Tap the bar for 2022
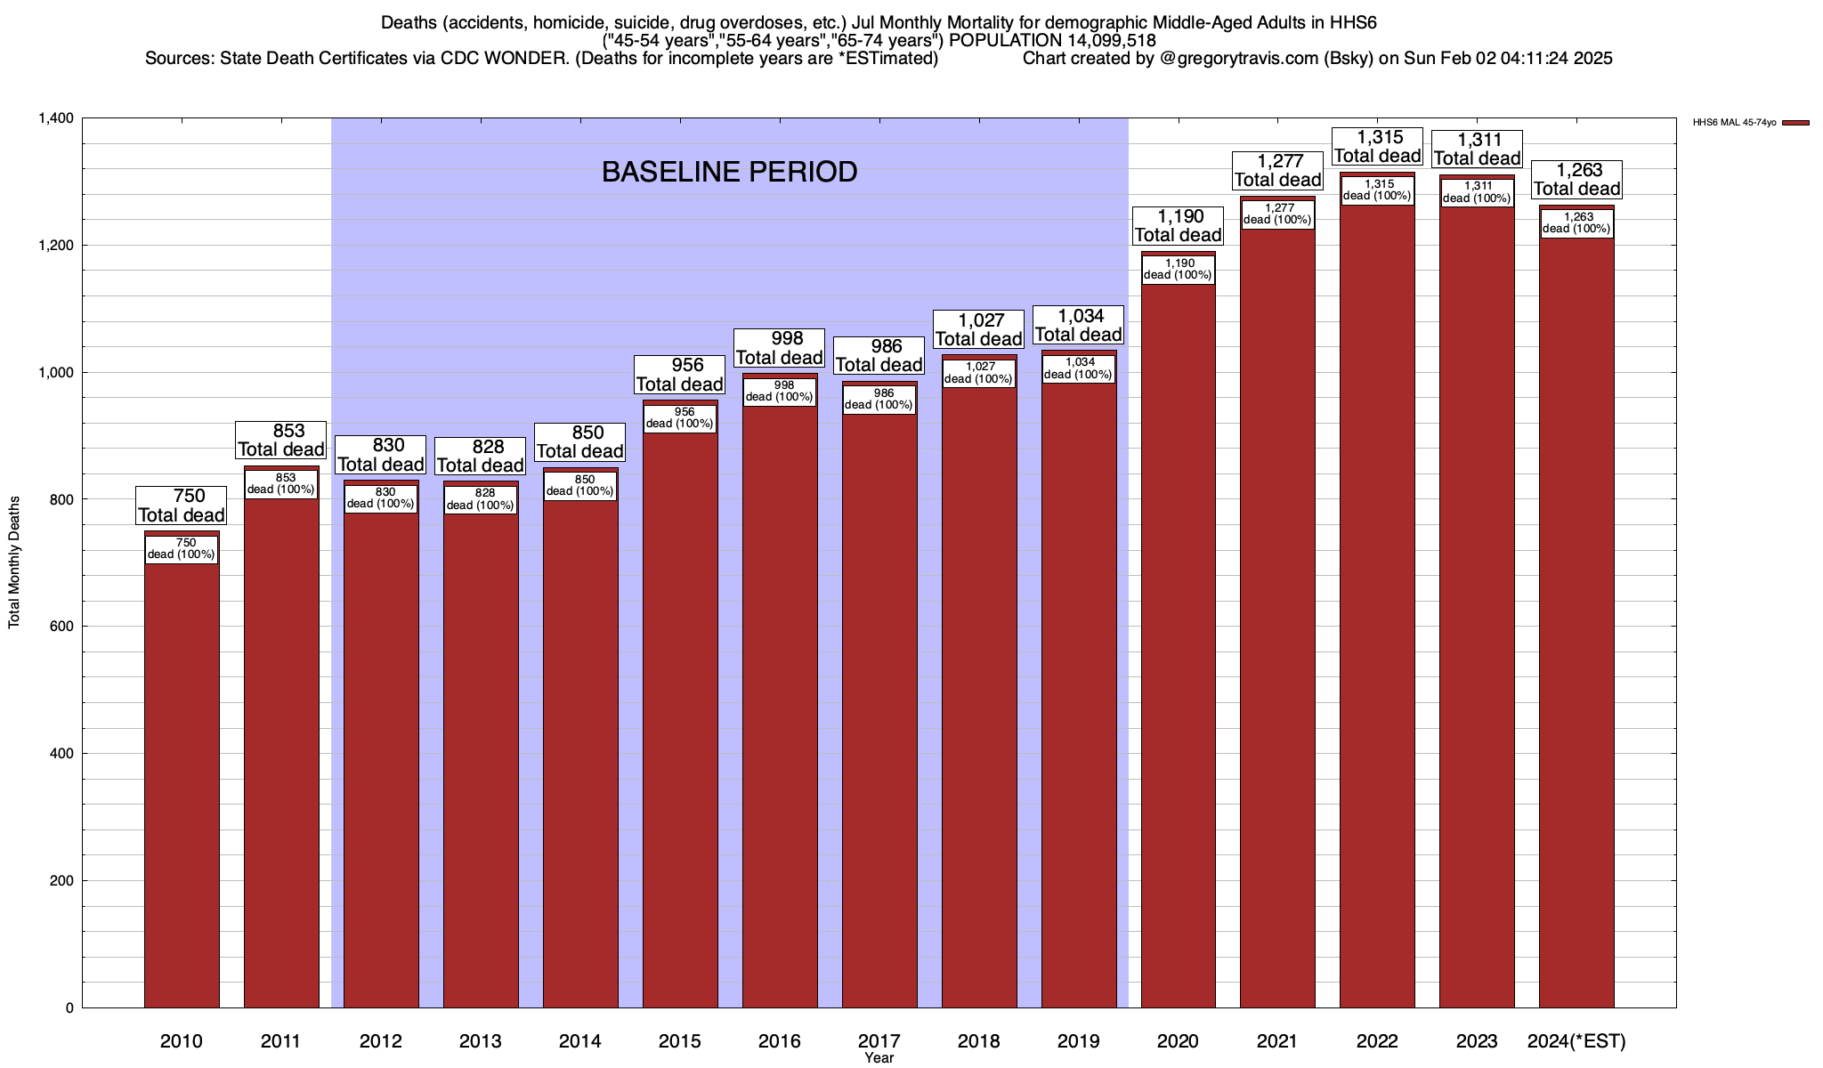pos(1377,623)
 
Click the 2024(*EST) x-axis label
pos(1576,1041)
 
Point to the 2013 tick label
pos(481,1041)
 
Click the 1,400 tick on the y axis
pos(55,118)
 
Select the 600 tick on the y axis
pos(62,627)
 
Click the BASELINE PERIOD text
pos(729,172)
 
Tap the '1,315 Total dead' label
pos(1377,147)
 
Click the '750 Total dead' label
pos(182,506)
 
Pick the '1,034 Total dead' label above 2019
pos(1078,325)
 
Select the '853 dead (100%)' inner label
pos(281,484)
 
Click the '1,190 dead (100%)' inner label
pos(1178,270)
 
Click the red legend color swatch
pos(1795,123)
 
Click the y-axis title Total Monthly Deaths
pos(14,562)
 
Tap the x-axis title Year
pos(879,1058)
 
